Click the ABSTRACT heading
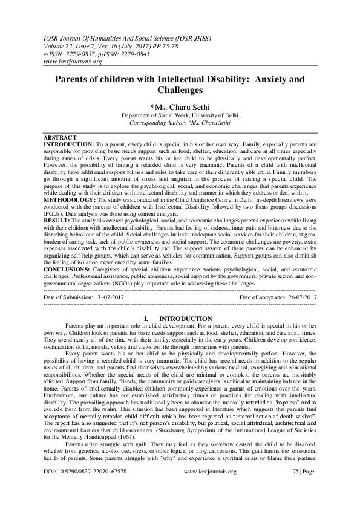pyautogui.click(x=61, y=137)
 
